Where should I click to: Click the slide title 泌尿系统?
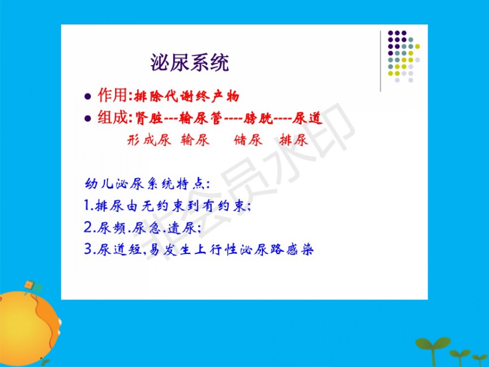[190, 63]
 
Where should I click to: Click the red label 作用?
[112, 95]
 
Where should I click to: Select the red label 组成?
[112, 117]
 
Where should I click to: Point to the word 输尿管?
[200, 119]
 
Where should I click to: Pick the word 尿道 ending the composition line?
[307, 119]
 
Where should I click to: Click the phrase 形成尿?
[149, 140]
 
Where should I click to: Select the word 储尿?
[248, 140]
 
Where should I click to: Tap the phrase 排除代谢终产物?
[186, 96]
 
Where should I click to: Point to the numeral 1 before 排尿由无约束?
[87, 206]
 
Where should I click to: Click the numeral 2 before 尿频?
[88, 227]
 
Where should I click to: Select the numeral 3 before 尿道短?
[88, 249]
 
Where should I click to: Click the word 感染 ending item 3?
[299, 250]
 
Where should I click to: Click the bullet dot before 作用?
[87, 96]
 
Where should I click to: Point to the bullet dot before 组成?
[87, 119]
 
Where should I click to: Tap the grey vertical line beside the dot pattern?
[380, 61]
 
